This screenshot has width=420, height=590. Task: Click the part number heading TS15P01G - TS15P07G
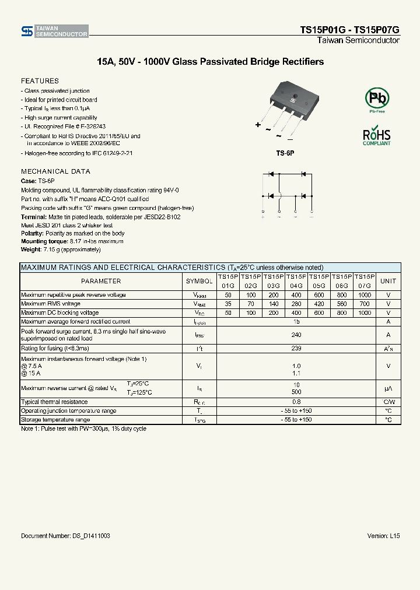click(x=349, y=30)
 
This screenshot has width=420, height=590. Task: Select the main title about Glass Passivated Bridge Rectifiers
click(x=210, y=62)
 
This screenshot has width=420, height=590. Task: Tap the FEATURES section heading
click(x=40, y=81)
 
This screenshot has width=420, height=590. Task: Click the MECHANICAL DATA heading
click(x=55, y=171)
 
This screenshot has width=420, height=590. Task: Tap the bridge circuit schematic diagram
click(x=287, y=194)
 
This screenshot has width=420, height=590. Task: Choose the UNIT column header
click(x=388, y=281)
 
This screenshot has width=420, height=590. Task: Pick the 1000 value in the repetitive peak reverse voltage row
click(x=365, y=295)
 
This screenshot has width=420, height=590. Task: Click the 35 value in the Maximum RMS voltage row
click(x=228, y=304)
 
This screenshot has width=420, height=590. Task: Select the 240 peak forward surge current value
click(x=296, y=335)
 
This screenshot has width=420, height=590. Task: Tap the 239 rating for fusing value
click(x=296, y=348)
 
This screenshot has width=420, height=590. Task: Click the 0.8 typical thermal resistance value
click(x=296, y=402)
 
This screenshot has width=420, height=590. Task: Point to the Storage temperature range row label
click(x=55, y=420)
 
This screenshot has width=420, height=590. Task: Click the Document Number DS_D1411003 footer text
click(x=65, y=535)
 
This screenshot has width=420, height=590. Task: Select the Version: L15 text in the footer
click(x=383, y=535)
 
